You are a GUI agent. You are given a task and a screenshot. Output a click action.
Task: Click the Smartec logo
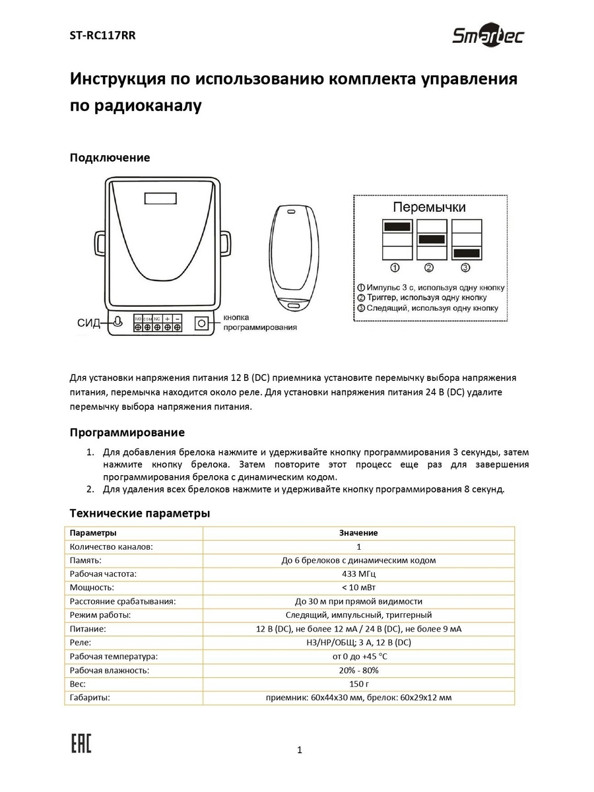pos(488,36)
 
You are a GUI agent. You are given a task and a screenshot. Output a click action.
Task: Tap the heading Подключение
pos(110,158)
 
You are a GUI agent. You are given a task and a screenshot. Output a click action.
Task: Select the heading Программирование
pos(127,433)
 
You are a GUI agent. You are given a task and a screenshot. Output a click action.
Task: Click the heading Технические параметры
pos(140,513)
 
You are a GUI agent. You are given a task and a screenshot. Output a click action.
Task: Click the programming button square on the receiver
pos(201,323)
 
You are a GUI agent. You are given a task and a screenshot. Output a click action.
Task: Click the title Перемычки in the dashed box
pos(430,207)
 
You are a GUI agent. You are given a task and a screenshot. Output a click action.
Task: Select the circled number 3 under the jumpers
pos(465,267)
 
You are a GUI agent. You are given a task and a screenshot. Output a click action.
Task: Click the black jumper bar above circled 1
pos(396,226)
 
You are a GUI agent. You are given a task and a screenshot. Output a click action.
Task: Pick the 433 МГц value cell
pos(358,574)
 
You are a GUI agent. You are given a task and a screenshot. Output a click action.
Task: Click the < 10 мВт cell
pos(358,587)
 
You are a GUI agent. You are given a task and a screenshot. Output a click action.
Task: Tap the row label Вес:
pos(78,684)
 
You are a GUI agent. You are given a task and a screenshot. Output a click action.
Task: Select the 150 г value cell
pos(358,684)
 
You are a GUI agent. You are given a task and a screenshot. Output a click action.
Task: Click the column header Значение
pos(358,533)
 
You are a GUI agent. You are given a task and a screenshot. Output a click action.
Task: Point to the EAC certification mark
pos(81,744)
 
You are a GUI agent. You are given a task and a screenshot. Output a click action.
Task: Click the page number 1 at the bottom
pos(300,750)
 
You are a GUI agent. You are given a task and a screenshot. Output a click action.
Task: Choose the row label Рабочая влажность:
pos(110,670)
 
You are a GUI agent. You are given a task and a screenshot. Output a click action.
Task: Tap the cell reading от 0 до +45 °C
pos(358,657)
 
